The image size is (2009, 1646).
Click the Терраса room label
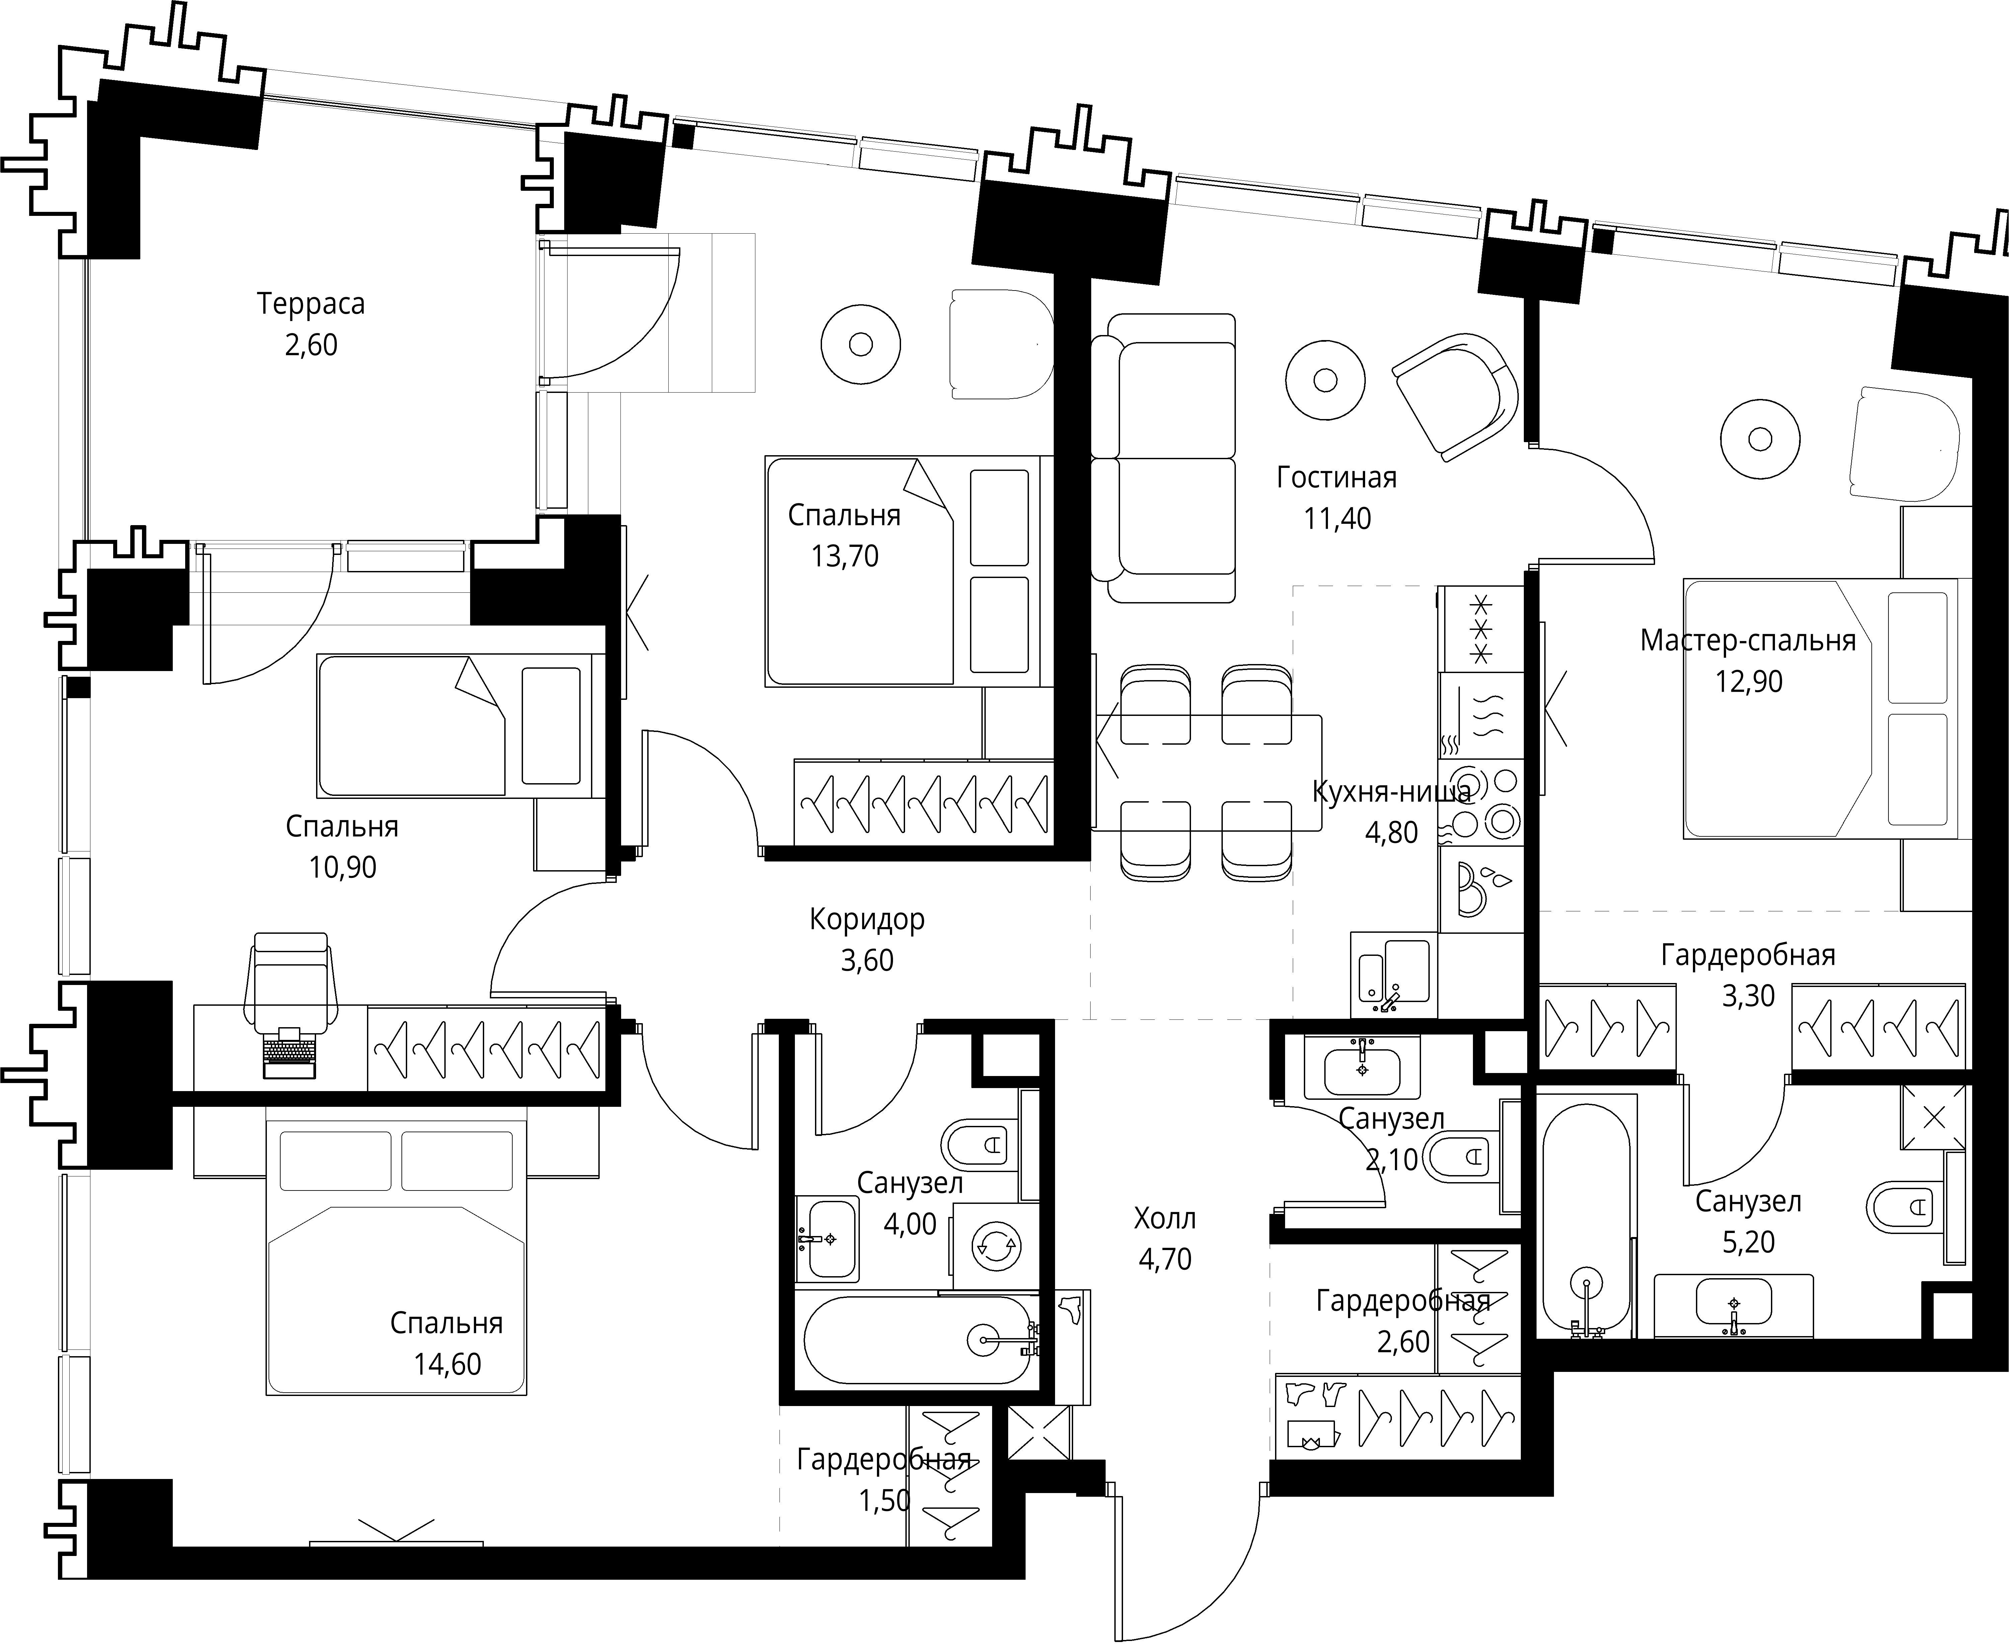click(311, 304)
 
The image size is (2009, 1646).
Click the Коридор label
click(867, 920)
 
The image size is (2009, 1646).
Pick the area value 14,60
click(447, 1365)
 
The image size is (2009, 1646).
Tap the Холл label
click(1165, 1218)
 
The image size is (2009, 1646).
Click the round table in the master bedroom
click(1761, 439)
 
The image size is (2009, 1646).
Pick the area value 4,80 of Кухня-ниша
click(1391, 832)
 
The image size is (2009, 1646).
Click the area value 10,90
click(343, 867)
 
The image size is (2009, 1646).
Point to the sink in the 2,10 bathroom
click(1362, 1068)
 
